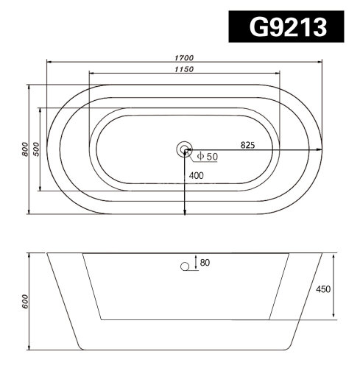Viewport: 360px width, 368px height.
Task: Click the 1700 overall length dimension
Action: (x=184, y=57)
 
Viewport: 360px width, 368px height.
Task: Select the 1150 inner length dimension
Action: (x=184, y=68)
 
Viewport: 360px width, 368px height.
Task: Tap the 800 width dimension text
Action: (x=26, y=149)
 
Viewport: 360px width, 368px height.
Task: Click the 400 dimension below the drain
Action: (x=197, y=176)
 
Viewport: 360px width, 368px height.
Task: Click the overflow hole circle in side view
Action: (x=185, y=268)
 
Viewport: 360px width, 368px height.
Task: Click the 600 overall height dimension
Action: (x=26, y=300)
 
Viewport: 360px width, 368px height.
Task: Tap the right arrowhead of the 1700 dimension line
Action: (x=321, y=62)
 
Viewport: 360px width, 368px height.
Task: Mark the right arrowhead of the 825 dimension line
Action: (x=321, y=150)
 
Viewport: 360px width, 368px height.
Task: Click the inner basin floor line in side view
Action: (x=184, y=320)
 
